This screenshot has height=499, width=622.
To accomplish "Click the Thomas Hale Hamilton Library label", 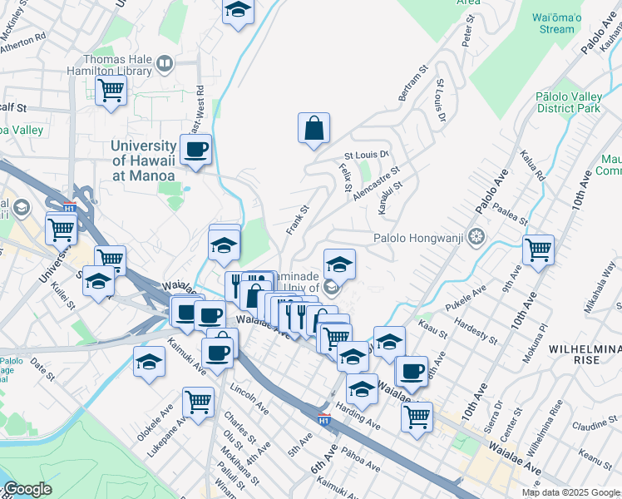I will pos(116,66).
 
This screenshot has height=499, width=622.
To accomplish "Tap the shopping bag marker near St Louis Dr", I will pos(313,128).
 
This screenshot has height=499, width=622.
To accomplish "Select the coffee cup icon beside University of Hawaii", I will pos(195,151).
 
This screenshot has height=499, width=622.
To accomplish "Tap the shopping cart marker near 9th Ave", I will pos(538,249).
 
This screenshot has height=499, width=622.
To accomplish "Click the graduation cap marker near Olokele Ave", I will pos(149,362).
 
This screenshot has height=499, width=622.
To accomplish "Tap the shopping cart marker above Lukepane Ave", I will pos(198,403).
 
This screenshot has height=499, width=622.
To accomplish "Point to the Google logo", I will pos(27,489).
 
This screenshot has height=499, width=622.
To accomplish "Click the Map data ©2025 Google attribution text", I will pos(570,492).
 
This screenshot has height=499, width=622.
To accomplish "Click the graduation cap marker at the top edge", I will pos(239,11).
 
